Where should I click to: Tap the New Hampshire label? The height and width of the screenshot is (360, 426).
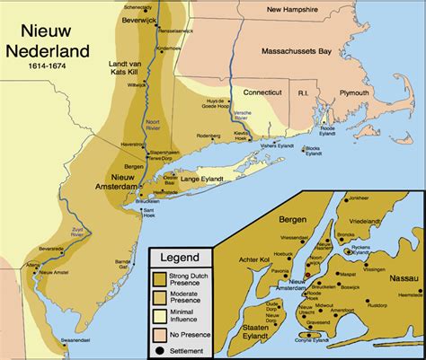coord(269,11)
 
